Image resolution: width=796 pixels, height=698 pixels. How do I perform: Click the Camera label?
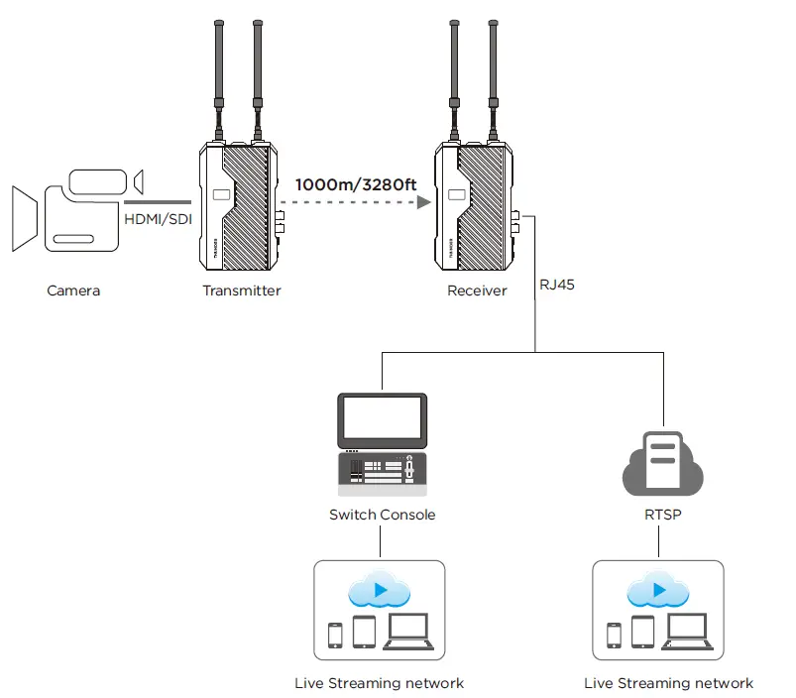[73, 291]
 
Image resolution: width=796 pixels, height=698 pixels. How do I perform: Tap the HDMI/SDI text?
[157, 218]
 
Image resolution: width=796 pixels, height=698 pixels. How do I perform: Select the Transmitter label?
[242, 291]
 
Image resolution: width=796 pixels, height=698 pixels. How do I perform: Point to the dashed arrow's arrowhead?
[425, 203]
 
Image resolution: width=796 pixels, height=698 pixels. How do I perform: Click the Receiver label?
[477, 291]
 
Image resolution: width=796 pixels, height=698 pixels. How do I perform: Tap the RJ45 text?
[557, 284]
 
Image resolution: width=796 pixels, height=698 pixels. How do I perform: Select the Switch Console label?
[382, 515]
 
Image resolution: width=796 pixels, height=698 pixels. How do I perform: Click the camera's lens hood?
[23, 217]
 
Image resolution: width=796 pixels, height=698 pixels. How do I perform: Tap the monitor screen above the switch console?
[382, 421]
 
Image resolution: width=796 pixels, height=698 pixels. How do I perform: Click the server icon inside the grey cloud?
[662, 460]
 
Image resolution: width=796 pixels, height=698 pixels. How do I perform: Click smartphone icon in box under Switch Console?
[335, 635]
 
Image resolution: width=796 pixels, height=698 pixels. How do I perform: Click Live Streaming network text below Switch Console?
[380, 683]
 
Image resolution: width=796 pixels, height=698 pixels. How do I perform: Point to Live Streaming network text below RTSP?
[669, 683]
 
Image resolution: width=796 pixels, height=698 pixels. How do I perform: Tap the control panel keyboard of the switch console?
[382, 474]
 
